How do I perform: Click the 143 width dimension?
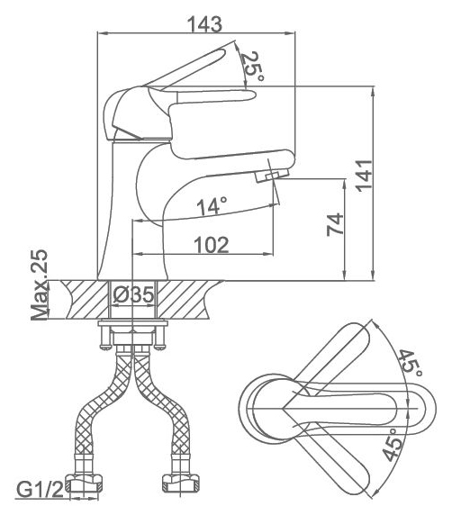[x=204, y=24]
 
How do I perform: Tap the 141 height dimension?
[x=365, y=176]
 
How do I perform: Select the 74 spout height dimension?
[x=335, y=224]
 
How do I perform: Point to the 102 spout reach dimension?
[x=212, y=245]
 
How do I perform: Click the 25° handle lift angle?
[x=252, y=68]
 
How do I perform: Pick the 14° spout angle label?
[x=212, y=206]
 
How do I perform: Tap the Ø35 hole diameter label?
[x=133, y=294]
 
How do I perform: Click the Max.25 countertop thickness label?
[x=40, y=285]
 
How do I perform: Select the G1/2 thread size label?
[x=40, y=491]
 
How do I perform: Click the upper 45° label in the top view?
[x=411, y=365]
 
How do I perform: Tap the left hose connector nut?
[x=84, y=483]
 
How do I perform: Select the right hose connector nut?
[x=181, y=483]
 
